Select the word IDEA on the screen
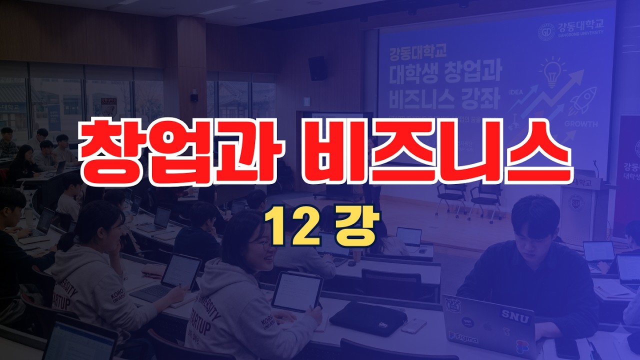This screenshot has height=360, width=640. coord(515,92)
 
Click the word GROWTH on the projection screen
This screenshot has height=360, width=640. coord(580,124)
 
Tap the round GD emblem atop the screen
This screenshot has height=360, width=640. coord(546,32)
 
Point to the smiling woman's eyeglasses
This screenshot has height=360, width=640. coord(263,245)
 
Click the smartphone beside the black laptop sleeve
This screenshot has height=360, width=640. coord(413,326)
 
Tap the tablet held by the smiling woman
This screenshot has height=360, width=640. coord(296,292)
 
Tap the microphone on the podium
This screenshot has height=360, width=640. coord(595,169)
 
